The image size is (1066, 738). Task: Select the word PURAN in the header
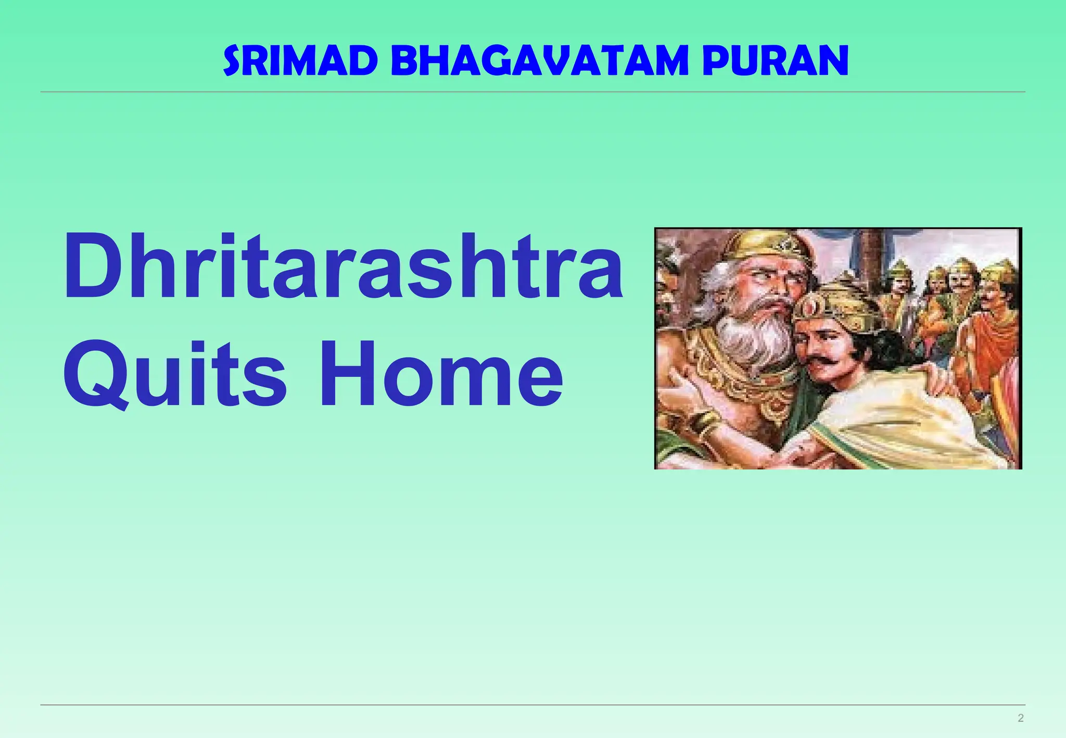(x=775, y=60)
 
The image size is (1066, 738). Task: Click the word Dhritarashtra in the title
(x=342, y=266)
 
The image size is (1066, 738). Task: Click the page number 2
(x=1020, y=718)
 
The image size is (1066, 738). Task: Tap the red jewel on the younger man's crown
(x=810, y=308)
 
